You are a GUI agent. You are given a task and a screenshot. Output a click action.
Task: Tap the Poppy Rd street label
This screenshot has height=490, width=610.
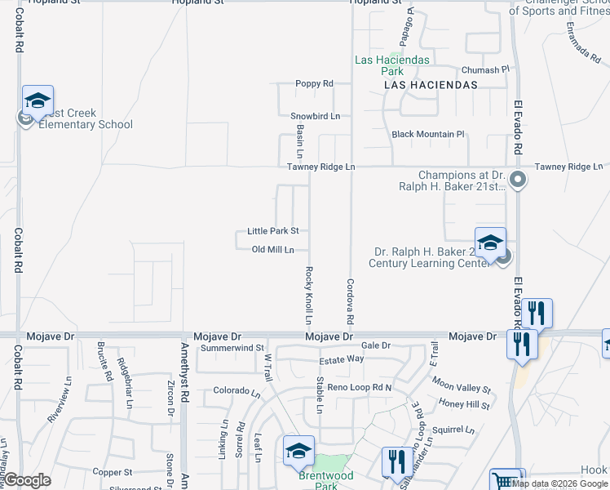(314, 84)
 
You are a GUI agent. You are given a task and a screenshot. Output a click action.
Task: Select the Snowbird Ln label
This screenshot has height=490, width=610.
(315, 116)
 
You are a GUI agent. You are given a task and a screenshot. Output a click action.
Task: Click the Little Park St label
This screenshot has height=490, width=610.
(278, 231)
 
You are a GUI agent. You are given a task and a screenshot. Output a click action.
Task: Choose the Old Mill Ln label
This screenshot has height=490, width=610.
(272, 249)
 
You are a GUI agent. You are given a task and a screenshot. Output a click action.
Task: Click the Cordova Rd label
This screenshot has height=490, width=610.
(350, 300)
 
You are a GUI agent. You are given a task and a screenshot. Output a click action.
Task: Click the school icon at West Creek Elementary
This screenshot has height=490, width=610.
(38, 100)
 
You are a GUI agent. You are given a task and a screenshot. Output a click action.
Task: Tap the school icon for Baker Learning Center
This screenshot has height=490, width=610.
(490, 243)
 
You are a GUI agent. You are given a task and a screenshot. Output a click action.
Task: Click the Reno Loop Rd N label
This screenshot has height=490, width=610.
(360, 386)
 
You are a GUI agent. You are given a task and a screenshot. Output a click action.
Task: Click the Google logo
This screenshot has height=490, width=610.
(26, 481)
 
